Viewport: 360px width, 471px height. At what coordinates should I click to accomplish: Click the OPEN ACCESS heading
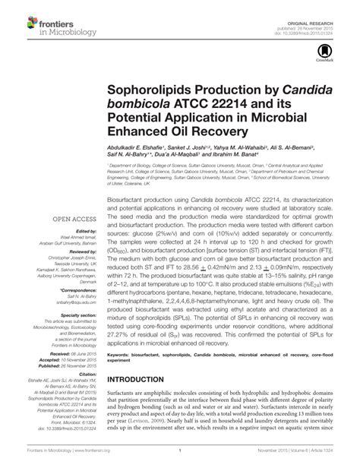[72, 222]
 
